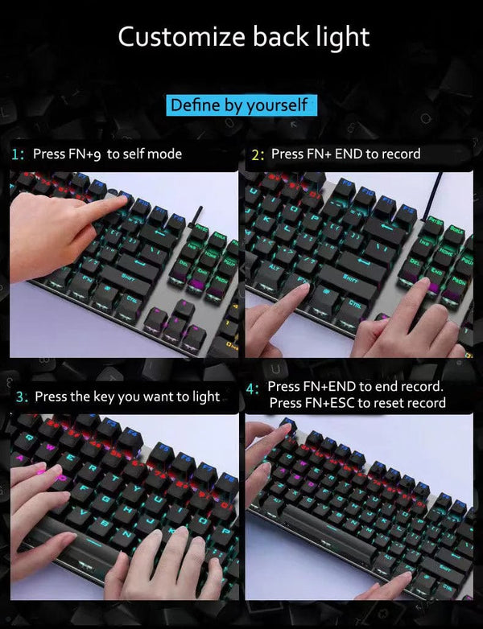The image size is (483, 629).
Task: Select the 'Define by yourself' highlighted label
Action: click(x=239, y=105)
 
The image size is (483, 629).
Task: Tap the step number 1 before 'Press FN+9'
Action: click(x=18, y=154)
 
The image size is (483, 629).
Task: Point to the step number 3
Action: click(x=22, y=397)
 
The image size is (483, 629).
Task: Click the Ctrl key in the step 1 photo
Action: click(x=134, y=297)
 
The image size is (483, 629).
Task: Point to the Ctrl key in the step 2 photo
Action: click(x=354, y=304)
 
